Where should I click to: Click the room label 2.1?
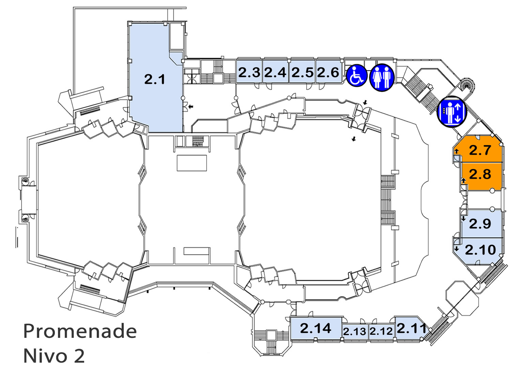click(x=154, y=79)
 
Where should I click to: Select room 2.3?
click(x=249, y=72)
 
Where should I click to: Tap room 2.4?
click(x=275, y=72)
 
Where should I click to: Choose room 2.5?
click(x=302, y=72)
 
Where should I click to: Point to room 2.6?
click(x=328, y=72)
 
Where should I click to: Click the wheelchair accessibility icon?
click(x=357, y=76)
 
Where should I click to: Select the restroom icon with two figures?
click(x=382, y=77)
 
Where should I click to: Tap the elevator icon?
click(x=452, y=111)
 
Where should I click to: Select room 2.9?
click(x=482, y=224)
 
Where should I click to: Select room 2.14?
click(x=316, y=328)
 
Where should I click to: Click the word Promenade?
click(x=80, y=331)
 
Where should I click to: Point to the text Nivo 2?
click(x=54, y=356)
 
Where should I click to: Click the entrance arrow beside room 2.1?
click(x=191, y=106)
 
